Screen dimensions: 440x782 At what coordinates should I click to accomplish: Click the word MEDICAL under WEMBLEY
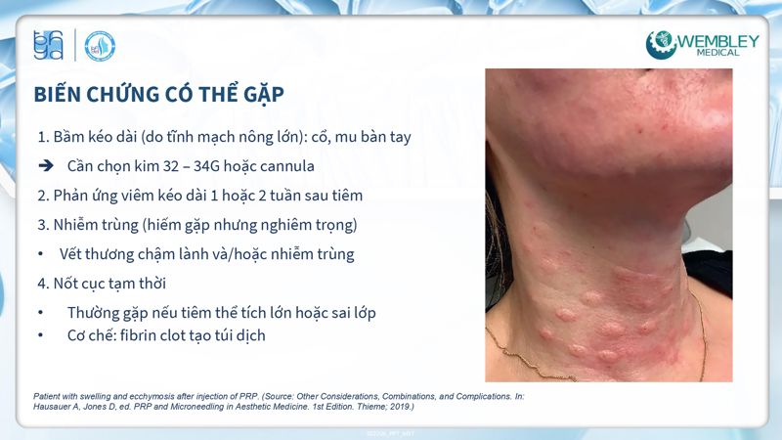coord(718,56)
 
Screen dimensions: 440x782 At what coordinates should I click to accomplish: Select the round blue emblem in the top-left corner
coord(100,46)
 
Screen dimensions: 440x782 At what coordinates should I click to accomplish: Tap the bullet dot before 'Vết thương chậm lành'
coord(40,254)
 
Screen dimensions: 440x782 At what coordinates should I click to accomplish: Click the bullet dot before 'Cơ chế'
coord(40,334)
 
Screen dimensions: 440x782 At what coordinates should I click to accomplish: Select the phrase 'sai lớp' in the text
coord(346,313)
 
